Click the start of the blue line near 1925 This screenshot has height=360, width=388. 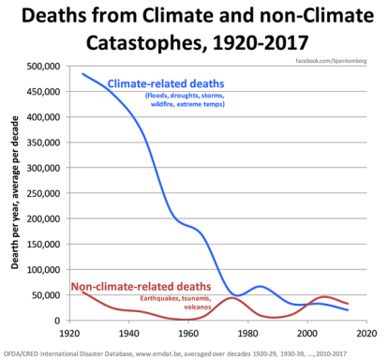click(82, 74)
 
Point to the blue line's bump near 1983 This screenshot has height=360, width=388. click(260, 286)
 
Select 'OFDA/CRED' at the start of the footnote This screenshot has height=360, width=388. click(22, 353)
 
